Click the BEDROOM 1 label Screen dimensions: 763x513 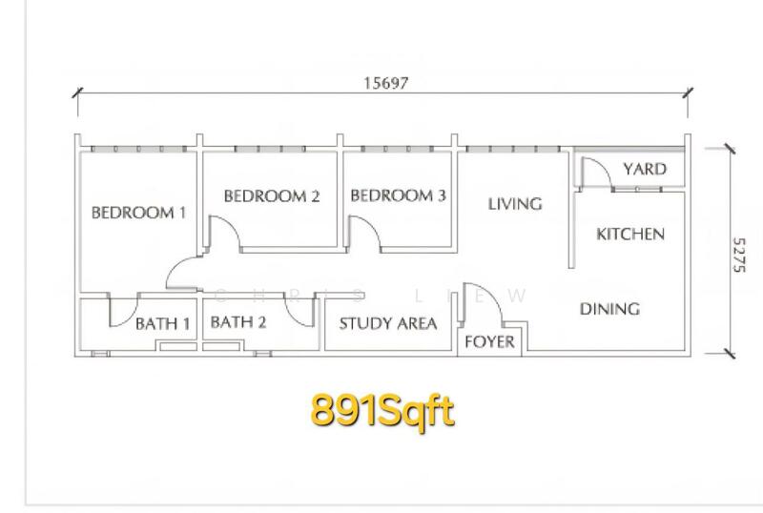click(138, 213)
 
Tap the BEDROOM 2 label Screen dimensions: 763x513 click(272, 196)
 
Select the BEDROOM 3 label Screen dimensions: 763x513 click(398, 195)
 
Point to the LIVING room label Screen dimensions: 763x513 click(515, 203)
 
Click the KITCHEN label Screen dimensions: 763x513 click(630, 235)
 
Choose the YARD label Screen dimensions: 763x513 click(645, 169)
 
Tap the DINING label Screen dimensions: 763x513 click(609, 309)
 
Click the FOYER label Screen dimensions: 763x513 click(489, 341)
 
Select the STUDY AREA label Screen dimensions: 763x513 click(388, 323)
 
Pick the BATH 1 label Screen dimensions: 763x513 click(162, 323)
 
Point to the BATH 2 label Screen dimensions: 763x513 click(238, 321)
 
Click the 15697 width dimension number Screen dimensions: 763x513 click(386, 83)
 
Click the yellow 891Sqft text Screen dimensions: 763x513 click(382, 410)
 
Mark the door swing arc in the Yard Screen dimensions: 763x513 click(604, 166)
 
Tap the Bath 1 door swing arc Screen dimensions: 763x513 click(129, 318)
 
